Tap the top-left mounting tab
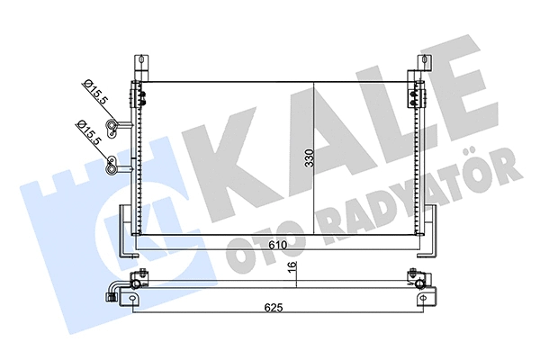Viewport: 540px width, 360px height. [x=140, y=65]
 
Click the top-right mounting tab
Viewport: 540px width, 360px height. [x=422, y=65]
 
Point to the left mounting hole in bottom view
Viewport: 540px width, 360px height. [x=135, y=283]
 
